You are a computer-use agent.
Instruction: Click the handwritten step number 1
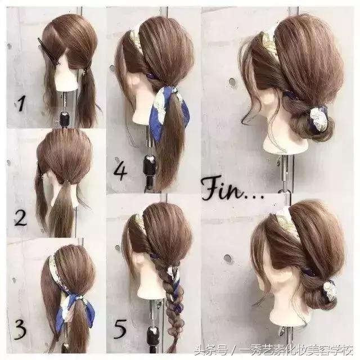(x=21, y=103)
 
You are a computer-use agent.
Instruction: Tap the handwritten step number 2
(x=20, y=217)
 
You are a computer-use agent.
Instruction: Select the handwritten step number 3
(x=20, y=329)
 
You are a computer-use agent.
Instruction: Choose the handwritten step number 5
(x=120, y=329)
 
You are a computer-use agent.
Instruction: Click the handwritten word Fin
(x=223, y=189)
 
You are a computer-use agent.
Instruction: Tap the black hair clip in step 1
(x=48, y=52)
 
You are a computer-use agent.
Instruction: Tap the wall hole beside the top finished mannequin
(x=232, y=81)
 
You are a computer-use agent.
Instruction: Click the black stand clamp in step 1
(x=65, y=119)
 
